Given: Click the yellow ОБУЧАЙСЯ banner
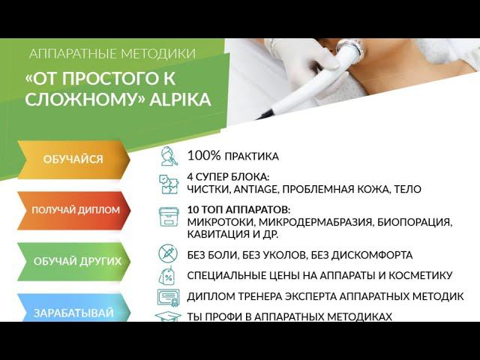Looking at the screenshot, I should pos(73,159).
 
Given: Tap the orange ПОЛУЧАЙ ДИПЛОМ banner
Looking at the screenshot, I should pos(75,210).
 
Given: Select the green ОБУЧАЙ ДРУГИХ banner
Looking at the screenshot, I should pos(76,261).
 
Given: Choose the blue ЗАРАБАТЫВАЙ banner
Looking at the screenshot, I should pos(73,313).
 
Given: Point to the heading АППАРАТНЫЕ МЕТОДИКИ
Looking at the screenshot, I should pos(112,54).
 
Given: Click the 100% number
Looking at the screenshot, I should pos(204,156).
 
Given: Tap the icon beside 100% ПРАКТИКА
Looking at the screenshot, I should pos(169,157).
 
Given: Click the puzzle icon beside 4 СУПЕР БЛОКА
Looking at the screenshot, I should pos(169,184).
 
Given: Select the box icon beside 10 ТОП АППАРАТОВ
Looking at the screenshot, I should pos(169,217).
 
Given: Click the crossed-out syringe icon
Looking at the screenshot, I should pos(168,253).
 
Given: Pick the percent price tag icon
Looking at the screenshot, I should pos(168,275).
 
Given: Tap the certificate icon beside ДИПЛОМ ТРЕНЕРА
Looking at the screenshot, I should pos(168,297).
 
